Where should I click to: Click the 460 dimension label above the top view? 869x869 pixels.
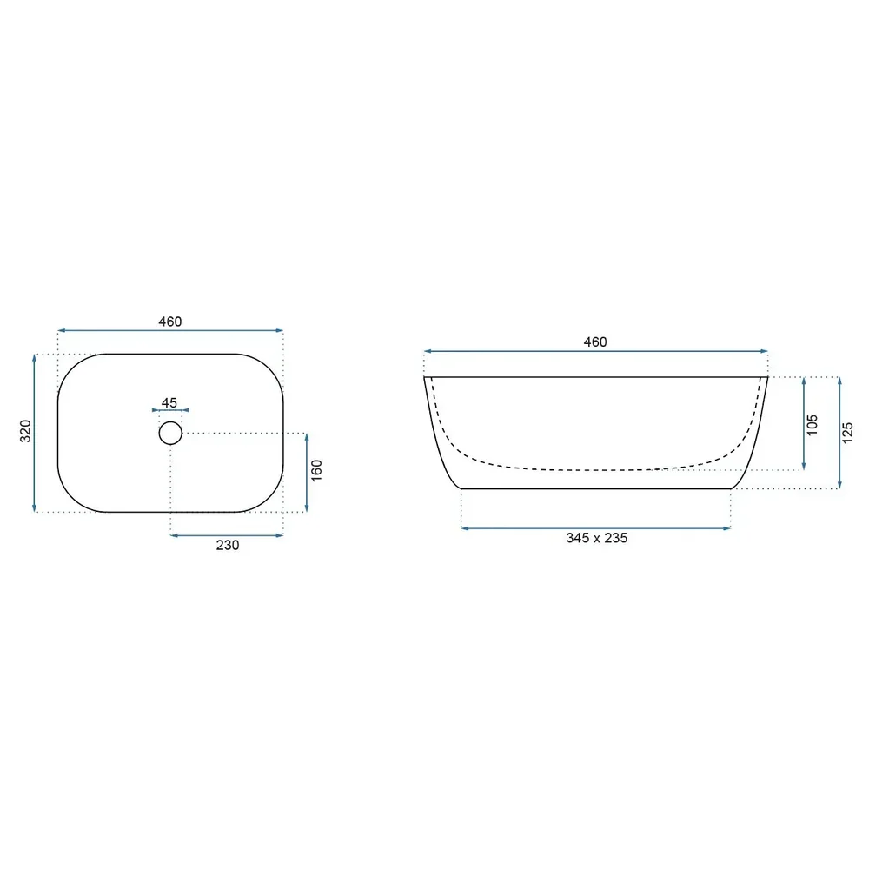(170, 322)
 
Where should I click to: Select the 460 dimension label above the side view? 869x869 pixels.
(595, 342)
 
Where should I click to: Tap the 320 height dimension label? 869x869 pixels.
(25, 431)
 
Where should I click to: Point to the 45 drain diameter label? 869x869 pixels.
(169, 403)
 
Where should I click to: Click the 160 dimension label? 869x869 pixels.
(316, 470)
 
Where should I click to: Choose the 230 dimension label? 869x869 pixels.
(227, 546)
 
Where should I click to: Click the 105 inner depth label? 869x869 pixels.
(812, 425)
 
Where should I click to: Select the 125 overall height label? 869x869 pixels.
(847, 433)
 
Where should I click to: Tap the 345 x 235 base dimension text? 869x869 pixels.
(597, 538)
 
